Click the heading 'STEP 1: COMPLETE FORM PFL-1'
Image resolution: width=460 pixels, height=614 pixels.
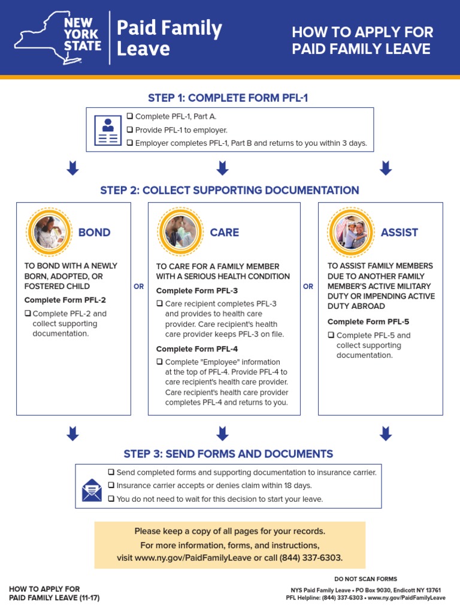[x=228, y=98]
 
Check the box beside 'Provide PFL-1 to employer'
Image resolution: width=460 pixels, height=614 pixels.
[x=130, y=130]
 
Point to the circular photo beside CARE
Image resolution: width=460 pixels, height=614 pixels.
[x=181, y=232]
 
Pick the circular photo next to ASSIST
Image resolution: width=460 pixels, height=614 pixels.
[x=352, y=232]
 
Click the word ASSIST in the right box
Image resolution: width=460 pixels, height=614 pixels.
[x=400, y=233]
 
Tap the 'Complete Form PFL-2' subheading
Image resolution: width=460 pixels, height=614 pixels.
[x=65, y=300]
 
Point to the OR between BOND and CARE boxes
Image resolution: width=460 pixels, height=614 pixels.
[x=139, y=287]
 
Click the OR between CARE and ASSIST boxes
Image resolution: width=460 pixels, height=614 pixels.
[x=308, y=287]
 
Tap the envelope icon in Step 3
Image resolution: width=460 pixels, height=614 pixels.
[x=92, y=490]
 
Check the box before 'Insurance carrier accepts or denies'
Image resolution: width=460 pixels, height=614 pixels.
[x=111, y=485]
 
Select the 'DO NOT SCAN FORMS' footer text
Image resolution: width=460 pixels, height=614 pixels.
[x=365, y=579]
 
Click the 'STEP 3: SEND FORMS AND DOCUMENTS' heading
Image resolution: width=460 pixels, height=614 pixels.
[x=228, y=454]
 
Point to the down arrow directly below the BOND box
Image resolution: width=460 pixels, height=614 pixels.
[x=72, y=433]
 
